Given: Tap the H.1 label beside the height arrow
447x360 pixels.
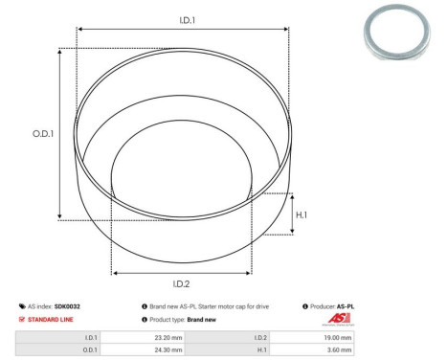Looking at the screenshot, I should coord(302,214).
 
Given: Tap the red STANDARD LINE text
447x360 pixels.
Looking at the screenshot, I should coord(52,319).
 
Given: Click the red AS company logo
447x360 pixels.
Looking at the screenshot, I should coord(340,320).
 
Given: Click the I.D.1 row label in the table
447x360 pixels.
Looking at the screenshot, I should coord(90,338).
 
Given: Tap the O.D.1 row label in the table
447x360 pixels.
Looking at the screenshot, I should coord(89,351).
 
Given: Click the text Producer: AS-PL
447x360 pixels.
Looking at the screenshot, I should coord(332,305).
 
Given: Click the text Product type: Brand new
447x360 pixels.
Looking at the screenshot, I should coord(186,319).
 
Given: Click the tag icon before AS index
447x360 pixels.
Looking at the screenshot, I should coord(22,305).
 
